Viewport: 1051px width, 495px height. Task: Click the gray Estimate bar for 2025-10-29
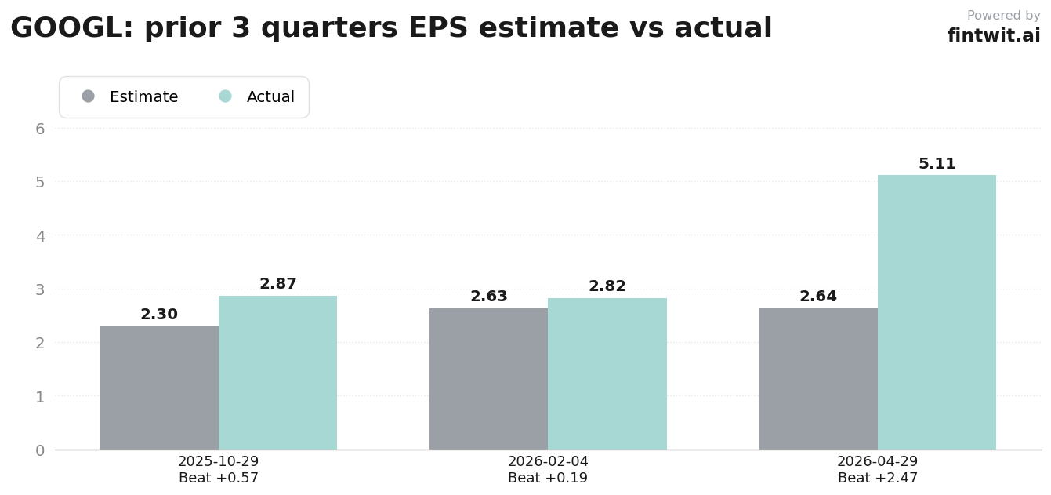pyautogui.click(x=159, y=388)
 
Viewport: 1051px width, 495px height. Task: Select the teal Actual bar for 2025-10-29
pyautogui.click(x=277, y=373)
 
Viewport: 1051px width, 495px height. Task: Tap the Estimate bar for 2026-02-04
pyautogui.click(x=488, y=379)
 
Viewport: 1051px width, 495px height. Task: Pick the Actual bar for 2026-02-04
pyautogui.click(x=607, y=374)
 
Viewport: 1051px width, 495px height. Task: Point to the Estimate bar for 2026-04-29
pyautogui.click(x=818, y=379)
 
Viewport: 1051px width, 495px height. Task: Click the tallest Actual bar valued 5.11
pyautogui.click(x=937, y=312)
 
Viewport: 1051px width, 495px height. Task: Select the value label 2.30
pyautogui.click(x=159, y=315)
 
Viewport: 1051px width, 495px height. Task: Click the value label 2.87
pyautogui.click(x=277, y=284)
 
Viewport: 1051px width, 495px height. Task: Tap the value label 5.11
pyautogui.click(x=937, y=163)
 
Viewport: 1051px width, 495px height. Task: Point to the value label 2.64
pyautogui.click(x=818, y=296)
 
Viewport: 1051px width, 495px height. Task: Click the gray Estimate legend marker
pyautogui.click(x=89, y=96)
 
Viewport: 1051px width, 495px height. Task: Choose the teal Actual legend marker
pyautogui.click(x=225, y=96)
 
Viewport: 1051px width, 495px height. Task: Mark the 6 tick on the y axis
pyautogui.click(x=40, y=129)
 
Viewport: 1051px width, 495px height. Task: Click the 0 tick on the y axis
pyautogui.click(x=40, y=450)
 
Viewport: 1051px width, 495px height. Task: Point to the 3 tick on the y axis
pyautogui.click(x=40, y=289)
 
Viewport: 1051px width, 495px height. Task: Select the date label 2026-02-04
pyautogui.click(x=548, y=461)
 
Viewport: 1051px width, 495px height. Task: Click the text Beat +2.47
pyautogui.click(x=877, y=478)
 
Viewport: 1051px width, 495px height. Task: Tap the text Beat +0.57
pyautogui.click(x=219, y=478)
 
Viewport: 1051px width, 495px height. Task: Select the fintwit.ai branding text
pyautogui.click(x=994, y=35)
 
